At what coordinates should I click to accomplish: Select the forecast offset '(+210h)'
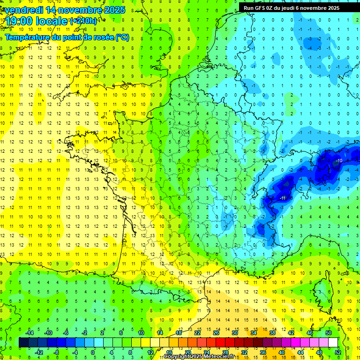click(x=83, y=21)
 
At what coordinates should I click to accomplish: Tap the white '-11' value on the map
click(x=283, y=198)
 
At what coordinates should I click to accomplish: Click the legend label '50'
click(x=329, y=333)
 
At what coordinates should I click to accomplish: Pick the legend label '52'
click(x=338, y=352)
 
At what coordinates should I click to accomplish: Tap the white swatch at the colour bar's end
click(x=333, y=343)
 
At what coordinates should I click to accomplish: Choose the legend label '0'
click(x=93, y=352)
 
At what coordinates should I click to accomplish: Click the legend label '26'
click(x=216, y=333)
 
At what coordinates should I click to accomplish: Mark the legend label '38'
click(x=272, y=333)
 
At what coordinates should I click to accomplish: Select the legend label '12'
click(x=150, y=352)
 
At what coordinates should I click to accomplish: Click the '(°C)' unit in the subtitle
click(x=122, y=37)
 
